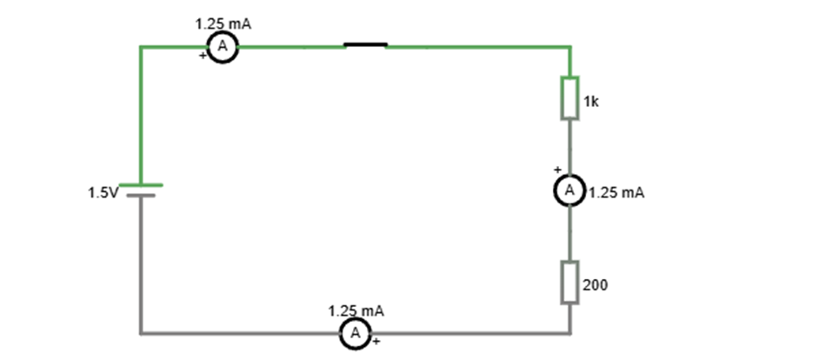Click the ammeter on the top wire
click(223, 48)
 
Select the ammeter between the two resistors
click(569, 190)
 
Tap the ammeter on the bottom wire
click(355, 332)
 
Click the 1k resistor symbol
click(569, 97)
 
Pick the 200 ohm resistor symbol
click(569, 282)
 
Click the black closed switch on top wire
click(365, 44)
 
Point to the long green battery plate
click(140, 185)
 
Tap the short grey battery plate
click(140, 195)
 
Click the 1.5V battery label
click(101, 192)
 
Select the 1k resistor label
click(591, 102)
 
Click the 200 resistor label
click(595, 284)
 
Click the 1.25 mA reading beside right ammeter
click(616, 193)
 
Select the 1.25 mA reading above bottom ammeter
click(356, 310)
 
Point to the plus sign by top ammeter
click(203, 56)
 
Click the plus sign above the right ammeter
click(557, 170)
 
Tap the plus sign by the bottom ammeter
click(376, 342)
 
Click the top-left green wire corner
click(141, 46)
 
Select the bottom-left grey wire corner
click(141, 332)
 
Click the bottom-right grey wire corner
click(569, 332)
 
